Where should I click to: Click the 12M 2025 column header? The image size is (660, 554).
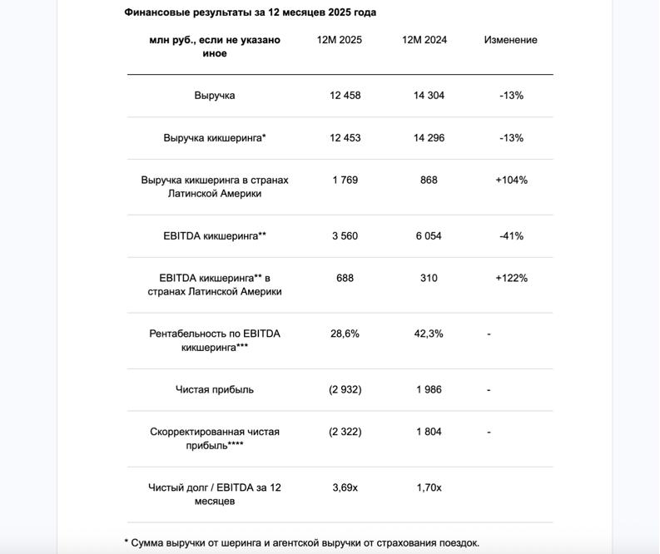[x=339, y=40]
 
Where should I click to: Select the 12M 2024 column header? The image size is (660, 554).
[x=424, y=40]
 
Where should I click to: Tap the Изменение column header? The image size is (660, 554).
[x=510, y=40]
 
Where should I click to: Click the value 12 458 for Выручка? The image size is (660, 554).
[x=345, y=96]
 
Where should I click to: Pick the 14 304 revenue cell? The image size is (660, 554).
[x=429, y=96]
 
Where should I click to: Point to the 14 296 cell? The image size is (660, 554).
[x=429, y=138]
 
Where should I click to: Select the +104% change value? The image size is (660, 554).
[x=511, y=180]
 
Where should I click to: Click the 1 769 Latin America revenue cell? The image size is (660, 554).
[x=345, y=180]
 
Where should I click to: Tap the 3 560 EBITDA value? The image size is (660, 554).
[x=345, y=236]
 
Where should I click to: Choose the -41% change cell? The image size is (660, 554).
[x=511, y=236]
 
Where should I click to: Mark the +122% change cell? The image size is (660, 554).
[x=511, y=278]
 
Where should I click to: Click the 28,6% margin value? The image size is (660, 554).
[x=345, y=334]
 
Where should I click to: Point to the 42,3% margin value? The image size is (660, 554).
[x=429, y=334]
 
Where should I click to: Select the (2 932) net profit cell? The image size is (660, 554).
[x=345, y=389]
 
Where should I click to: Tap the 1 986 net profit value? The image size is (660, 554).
[x=429, y=389]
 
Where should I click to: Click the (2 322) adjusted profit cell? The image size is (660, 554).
[x=345, y=432]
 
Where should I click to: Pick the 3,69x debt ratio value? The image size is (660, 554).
[x=345, y=487]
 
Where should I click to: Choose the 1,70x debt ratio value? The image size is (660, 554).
[x=429, y=487]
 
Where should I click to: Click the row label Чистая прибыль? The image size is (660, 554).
[x=215, y=389]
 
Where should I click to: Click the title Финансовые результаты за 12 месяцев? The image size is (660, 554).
[x=250, y=12]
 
